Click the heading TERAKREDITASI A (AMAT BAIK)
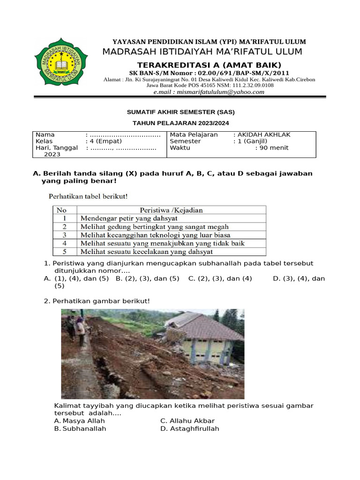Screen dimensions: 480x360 pos(209,65)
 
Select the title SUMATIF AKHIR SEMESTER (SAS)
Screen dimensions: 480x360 pos(181,112)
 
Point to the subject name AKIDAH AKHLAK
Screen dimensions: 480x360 pos(264,135)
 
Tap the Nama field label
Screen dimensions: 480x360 pos(45,135)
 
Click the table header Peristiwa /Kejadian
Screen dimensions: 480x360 pos(171,210)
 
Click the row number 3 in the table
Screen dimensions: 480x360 pos(64,235)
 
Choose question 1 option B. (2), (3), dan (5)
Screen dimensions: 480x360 pos(148,278)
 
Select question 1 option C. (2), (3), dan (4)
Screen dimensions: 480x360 pos(220,278)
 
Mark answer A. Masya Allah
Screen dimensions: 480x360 pos(80,421)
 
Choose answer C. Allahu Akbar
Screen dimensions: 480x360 pos(184,421)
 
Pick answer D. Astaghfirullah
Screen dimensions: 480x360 pos(189,428)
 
